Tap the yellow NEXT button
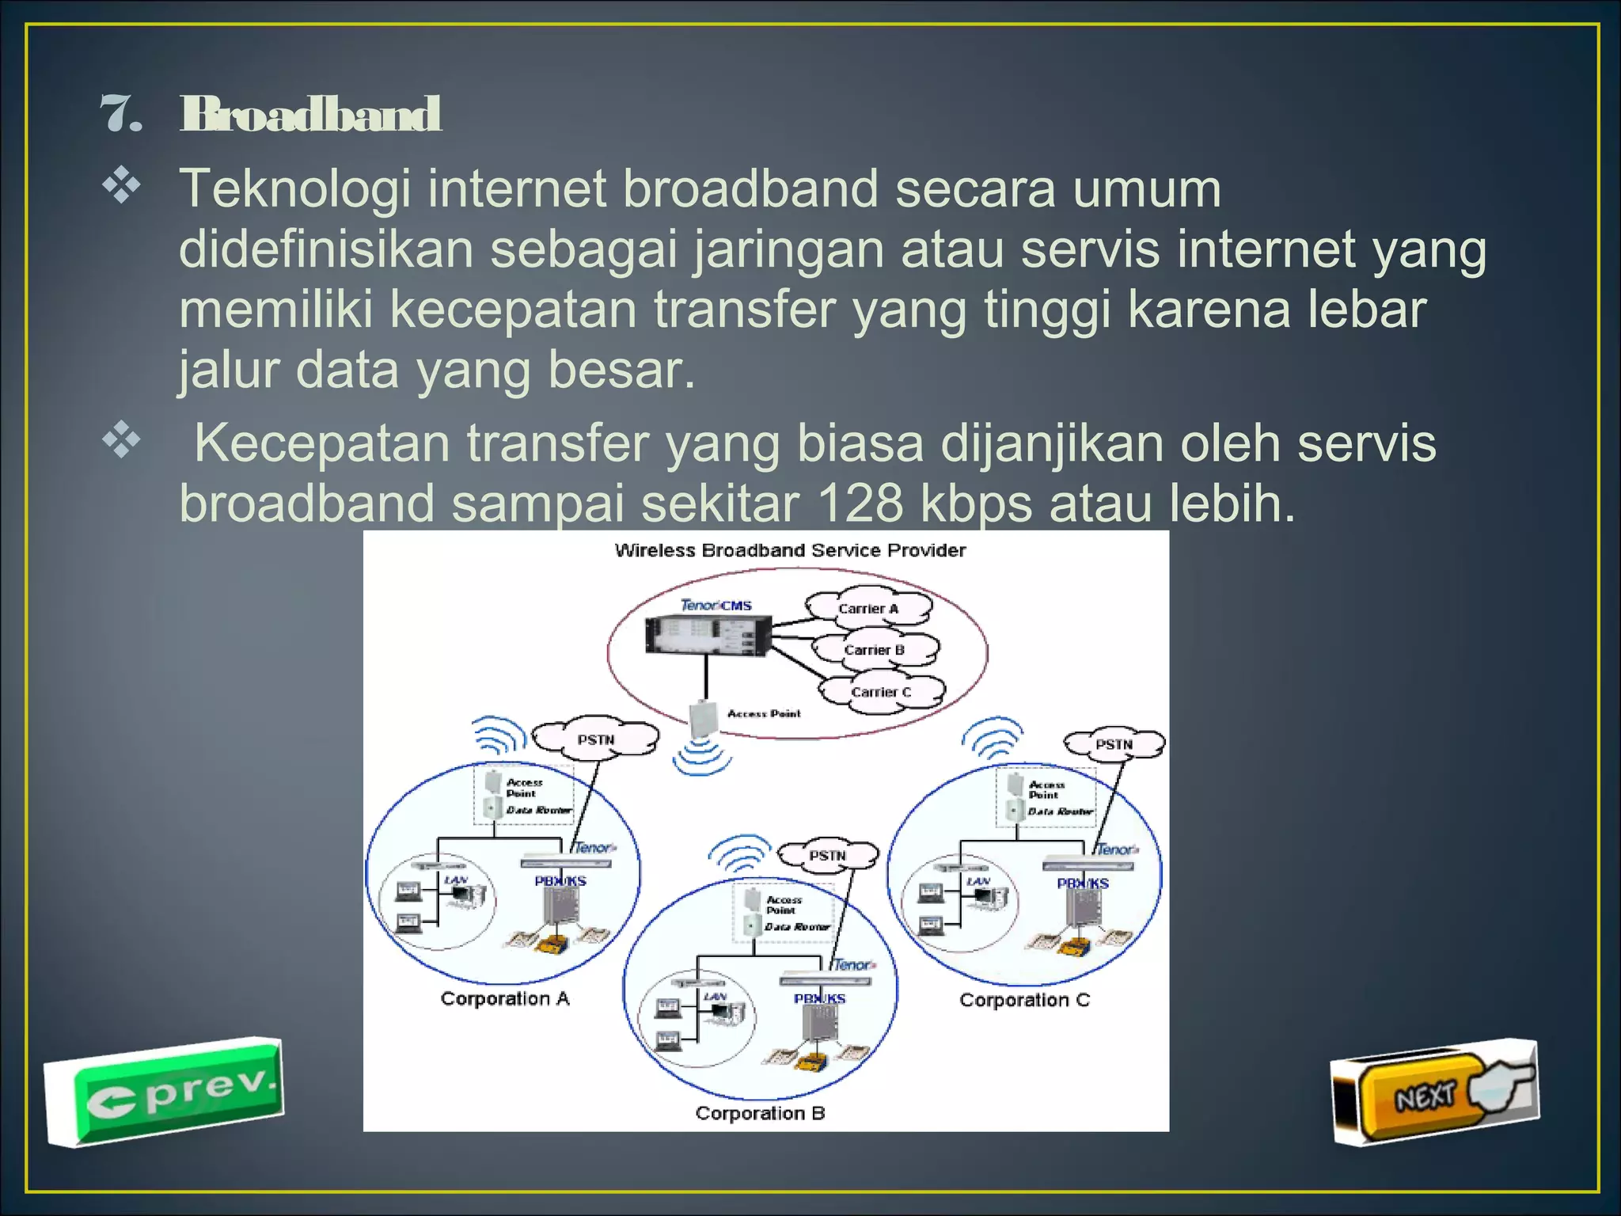click(x=1425, y=1096)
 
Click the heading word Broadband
click(x=310, y=115)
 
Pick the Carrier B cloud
click(x=875, y=650)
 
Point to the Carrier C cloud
click(x=881, y=692)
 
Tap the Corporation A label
click(x=505, y=999)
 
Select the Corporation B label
click(x=760, y=1113)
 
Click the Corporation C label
click(x=1024, y=1001)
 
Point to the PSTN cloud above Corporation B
click(x=828, y=856)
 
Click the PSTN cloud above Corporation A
click(x=595, y=740)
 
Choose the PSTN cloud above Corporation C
click(x=1114, y=745)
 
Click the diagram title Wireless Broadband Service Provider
click(x=790, y=550)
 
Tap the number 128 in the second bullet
click(x=860, y=503)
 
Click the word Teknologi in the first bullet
click(x=294, y=190)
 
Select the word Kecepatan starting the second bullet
click(x=322, y=443)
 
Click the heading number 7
click(x=121, y=115)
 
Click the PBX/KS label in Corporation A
click(x=560, y=881)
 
